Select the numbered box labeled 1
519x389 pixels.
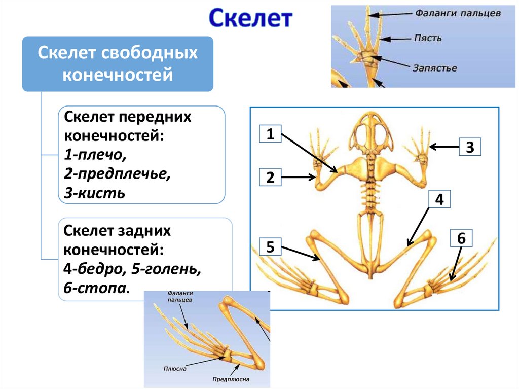tap(270, 134)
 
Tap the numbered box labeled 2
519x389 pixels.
tap(270, 178)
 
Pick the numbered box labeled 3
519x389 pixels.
tap(470, 147)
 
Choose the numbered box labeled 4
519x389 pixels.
tap(439, 200)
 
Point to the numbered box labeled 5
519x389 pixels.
tap(270, 247)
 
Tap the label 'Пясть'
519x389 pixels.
tap(428, 38)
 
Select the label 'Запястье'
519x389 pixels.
tap(435, 67)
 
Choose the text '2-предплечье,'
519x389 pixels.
tap(117, 174)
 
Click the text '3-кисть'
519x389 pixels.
tap(94, 193)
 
